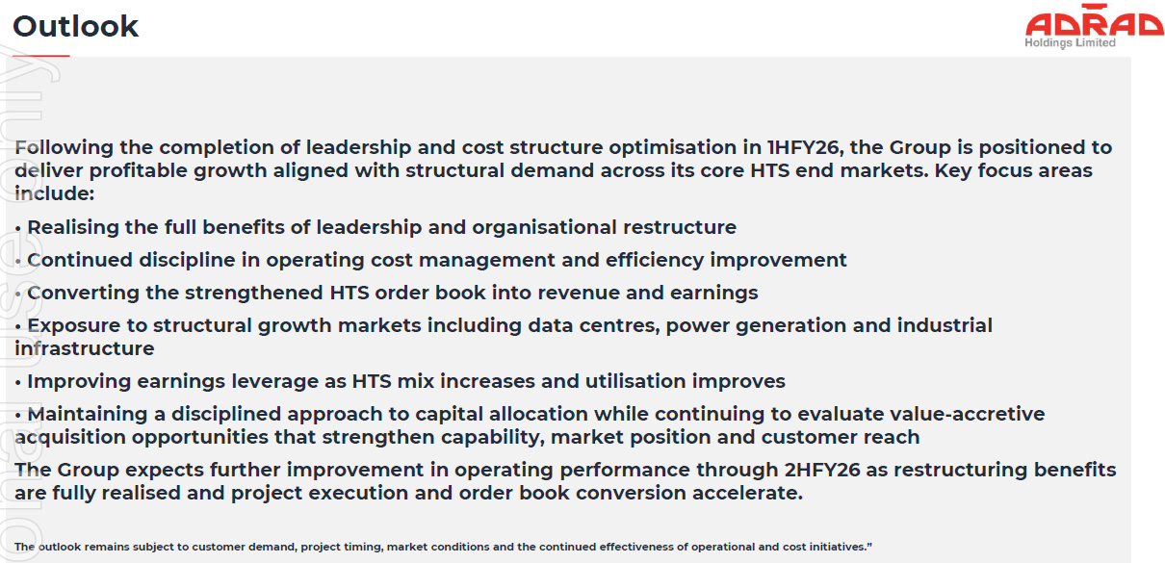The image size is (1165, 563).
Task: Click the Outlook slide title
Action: point(75,26)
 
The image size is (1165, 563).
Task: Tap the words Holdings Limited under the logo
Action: point(1070,43)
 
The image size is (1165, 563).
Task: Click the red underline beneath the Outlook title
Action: point(41,56)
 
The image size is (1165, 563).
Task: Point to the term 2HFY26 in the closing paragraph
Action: point(822,470)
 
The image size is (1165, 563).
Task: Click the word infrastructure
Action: point(85,348)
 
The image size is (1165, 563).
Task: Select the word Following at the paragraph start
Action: point(64,148)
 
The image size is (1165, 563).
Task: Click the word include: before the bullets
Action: point(55,193)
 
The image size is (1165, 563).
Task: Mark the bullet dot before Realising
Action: point(18,228)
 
